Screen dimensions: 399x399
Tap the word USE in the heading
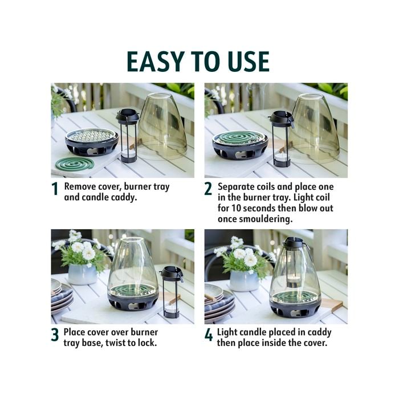click(x=249, y=62)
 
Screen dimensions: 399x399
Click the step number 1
click(x=55, y=189)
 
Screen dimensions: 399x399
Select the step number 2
click(x=208, y=189)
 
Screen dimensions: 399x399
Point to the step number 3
click(x=55, y=335)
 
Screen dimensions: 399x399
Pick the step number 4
click(x=209, y=335)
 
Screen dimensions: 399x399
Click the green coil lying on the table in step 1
click(x=75, y=164)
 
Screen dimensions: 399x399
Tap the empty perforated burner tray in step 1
click(x=92, y=141)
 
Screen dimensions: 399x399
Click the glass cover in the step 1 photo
click(x=163, y=126)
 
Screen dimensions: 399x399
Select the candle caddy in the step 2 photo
click(x=282, y=139)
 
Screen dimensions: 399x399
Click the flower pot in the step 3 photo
click(x=83, y=274)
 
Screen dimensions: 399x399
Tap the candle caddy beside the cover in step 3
click(x=172, y=292)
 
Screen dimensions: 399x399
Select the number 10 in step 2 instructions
click(x=236, y=208)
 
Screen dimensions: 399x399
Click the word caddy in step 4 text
click(x=319, y=332)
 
